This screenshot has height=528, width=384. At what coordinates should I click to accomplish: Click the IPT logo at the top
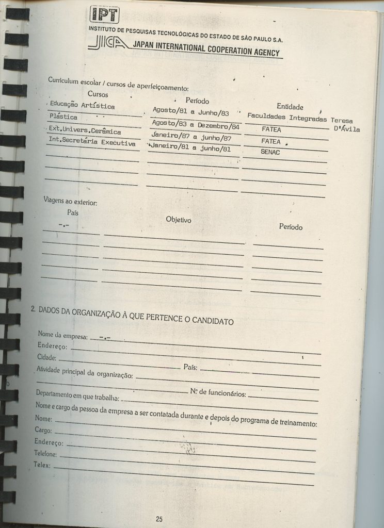105,15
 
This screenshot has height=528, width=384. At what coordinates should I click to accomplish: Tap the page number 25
159,519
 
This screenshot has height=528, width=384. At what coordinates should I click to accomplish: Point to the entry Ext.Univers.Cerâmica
85,130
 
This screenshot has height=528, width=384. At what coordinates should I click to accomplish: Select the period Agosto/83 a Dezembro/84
197,124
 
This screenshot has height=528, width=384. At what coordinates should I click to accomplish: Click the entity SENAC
270,153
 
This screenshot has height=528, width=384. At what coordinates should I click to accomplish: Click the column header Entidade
290,106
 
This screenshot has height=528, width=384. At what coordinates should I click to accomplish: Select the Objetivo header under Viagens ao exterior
179,220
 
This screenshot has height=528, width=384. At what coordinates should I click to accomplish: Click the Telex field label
42,465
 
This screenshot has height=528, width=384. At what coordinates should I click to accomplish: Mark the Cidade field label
46,357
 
